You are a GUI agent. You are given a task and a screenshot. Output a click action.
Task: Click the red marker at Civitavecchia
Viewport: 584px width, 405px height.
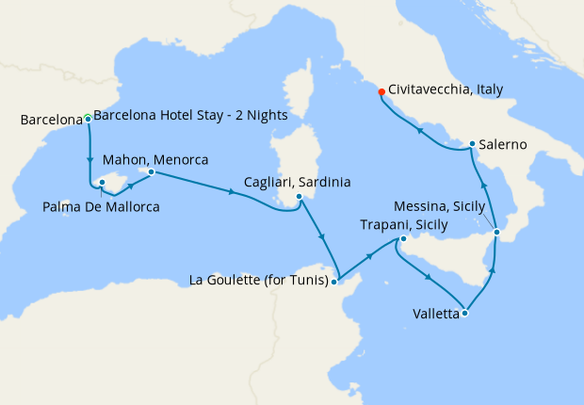[381, 91]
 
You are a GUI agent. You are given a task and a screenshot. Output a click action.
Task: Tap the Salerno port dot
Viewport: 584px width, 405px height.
[472, 144]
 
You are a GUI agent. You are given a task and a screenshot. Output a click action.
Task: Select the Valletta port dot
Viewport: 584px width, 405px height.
[464, 314]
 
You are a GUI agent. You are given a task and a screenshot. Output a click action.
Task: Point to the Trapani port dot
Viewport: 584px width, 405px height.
[402, 239]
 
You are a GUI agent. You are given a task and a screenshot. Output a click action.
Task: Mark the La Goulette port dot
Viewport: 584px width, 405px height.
[334, 280]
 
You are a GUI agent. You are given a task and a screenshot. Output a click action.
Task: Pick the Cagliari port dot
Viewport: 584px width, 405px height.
[299, 197]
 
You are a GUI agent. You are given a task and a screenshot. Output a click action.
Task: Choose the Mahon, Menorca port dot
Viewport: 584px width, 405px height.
[151, 171]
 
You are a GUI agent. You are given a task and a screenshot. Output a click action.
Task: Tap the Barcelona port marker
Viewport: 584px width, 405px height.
[88, 119]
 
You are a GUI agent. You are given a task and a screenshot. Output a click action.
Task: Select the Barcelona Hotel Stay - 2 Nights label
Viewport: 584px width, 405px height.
[191, 116]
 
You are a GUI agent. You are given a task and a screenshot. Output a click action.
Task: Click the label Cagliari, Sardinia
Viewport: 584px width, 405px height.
[298, 181]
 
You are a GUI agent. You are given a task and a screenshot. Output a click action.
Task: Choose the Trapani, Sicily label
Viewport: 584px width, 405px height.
[404, 224]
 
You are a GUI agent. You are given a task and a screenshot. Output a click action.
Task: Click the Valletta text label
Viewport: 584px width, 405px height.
[435, 314]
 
